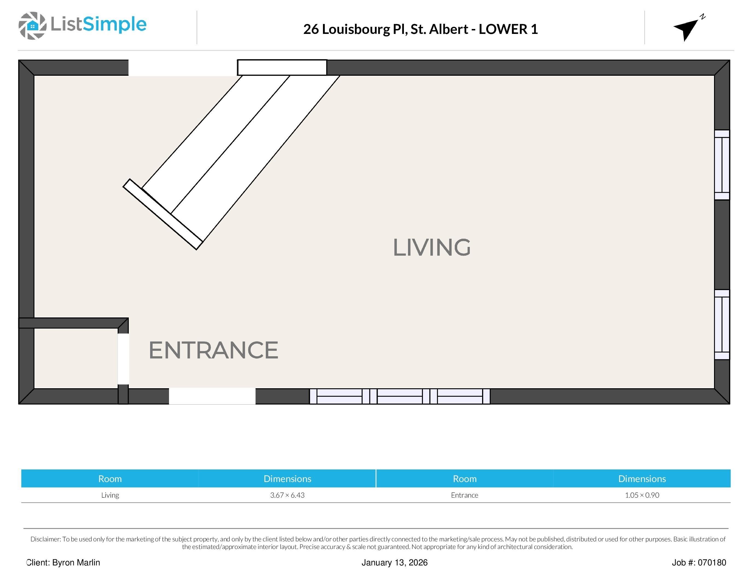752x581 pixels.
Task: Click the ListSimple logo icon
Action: [x=32, y=25]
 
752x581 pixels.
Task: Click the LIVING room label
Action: [x=432, y=247]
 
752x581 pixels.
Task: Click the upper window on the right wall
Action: [x=722, y=165]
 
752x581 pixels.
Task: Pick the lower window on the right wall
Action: [x=722, y=325]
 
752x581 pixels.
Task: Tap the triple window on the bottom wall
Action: [x=400, y=396]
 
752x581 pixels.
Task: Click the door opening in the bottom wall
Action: [x=212, y=396]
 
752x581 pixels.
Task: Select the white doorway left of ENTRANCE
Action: [x=123, y=359]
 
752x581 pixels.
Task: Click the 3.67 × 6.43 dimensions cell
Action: [x=287, y=495]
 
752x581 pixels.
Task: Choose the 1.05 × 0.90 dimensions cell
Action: [x=642, y=495]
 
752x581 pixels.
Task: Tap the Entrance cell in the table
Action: [x=465, y=495]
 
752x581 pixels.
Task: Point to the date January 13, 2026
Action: [x=395, y=563]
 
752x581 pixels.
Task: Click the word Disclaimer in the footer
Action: [x=45, y=539]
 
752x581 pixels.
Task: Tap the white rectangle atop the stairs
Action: [x=282, y=68]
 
